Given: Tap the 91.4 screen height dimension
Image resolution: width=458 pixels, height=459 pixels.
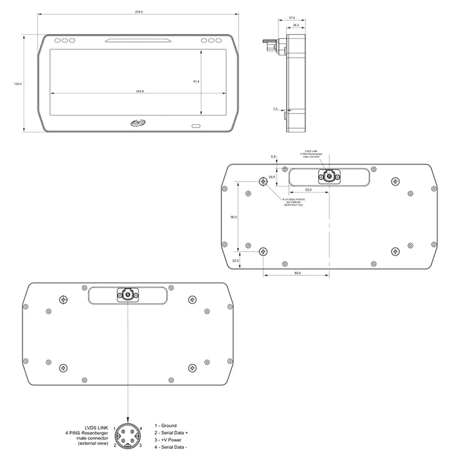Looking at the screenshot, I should [x=196, y=81].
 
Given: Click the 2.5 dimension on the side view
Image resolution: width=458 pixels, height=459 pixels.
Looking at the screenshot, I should [x=275, y=109].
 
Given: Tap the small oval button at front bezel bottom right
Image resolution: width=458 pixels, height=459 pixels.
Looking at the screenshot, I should [x=196, y=126].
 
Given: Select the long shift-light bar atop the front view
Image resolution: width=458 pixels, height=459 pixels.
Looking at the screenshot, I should [x=139, y=41].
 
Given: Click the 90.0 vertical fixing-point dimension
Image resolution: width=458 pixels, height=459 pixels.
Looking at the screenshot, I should [x=233, y=217].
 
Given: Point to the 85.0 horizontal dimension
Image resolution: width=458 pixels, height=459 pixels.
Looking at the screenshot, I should [x=297, y=273].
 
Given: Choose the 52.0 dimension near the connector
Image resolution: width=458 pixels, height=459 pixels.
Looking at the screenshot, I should [x=308, y=189].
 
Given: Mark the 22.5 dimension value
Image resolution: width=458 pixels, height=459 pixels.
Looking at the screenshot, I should [x=236, y=261].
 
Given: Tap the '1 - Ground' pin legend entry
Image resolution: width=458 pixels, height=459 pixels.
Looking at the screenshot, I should [x=165, y=426].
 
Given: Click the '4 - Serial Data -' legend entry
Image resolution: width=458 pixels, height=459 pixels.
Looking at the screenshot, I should [x=171, y=447].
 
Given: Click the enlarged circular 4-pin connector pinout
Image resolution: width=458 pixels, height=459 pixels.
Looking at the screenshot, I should [x=127, y=436].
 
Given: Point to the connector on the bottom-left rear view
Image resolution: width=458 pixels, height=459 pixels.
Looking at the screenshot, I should [x=127, y=295].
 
